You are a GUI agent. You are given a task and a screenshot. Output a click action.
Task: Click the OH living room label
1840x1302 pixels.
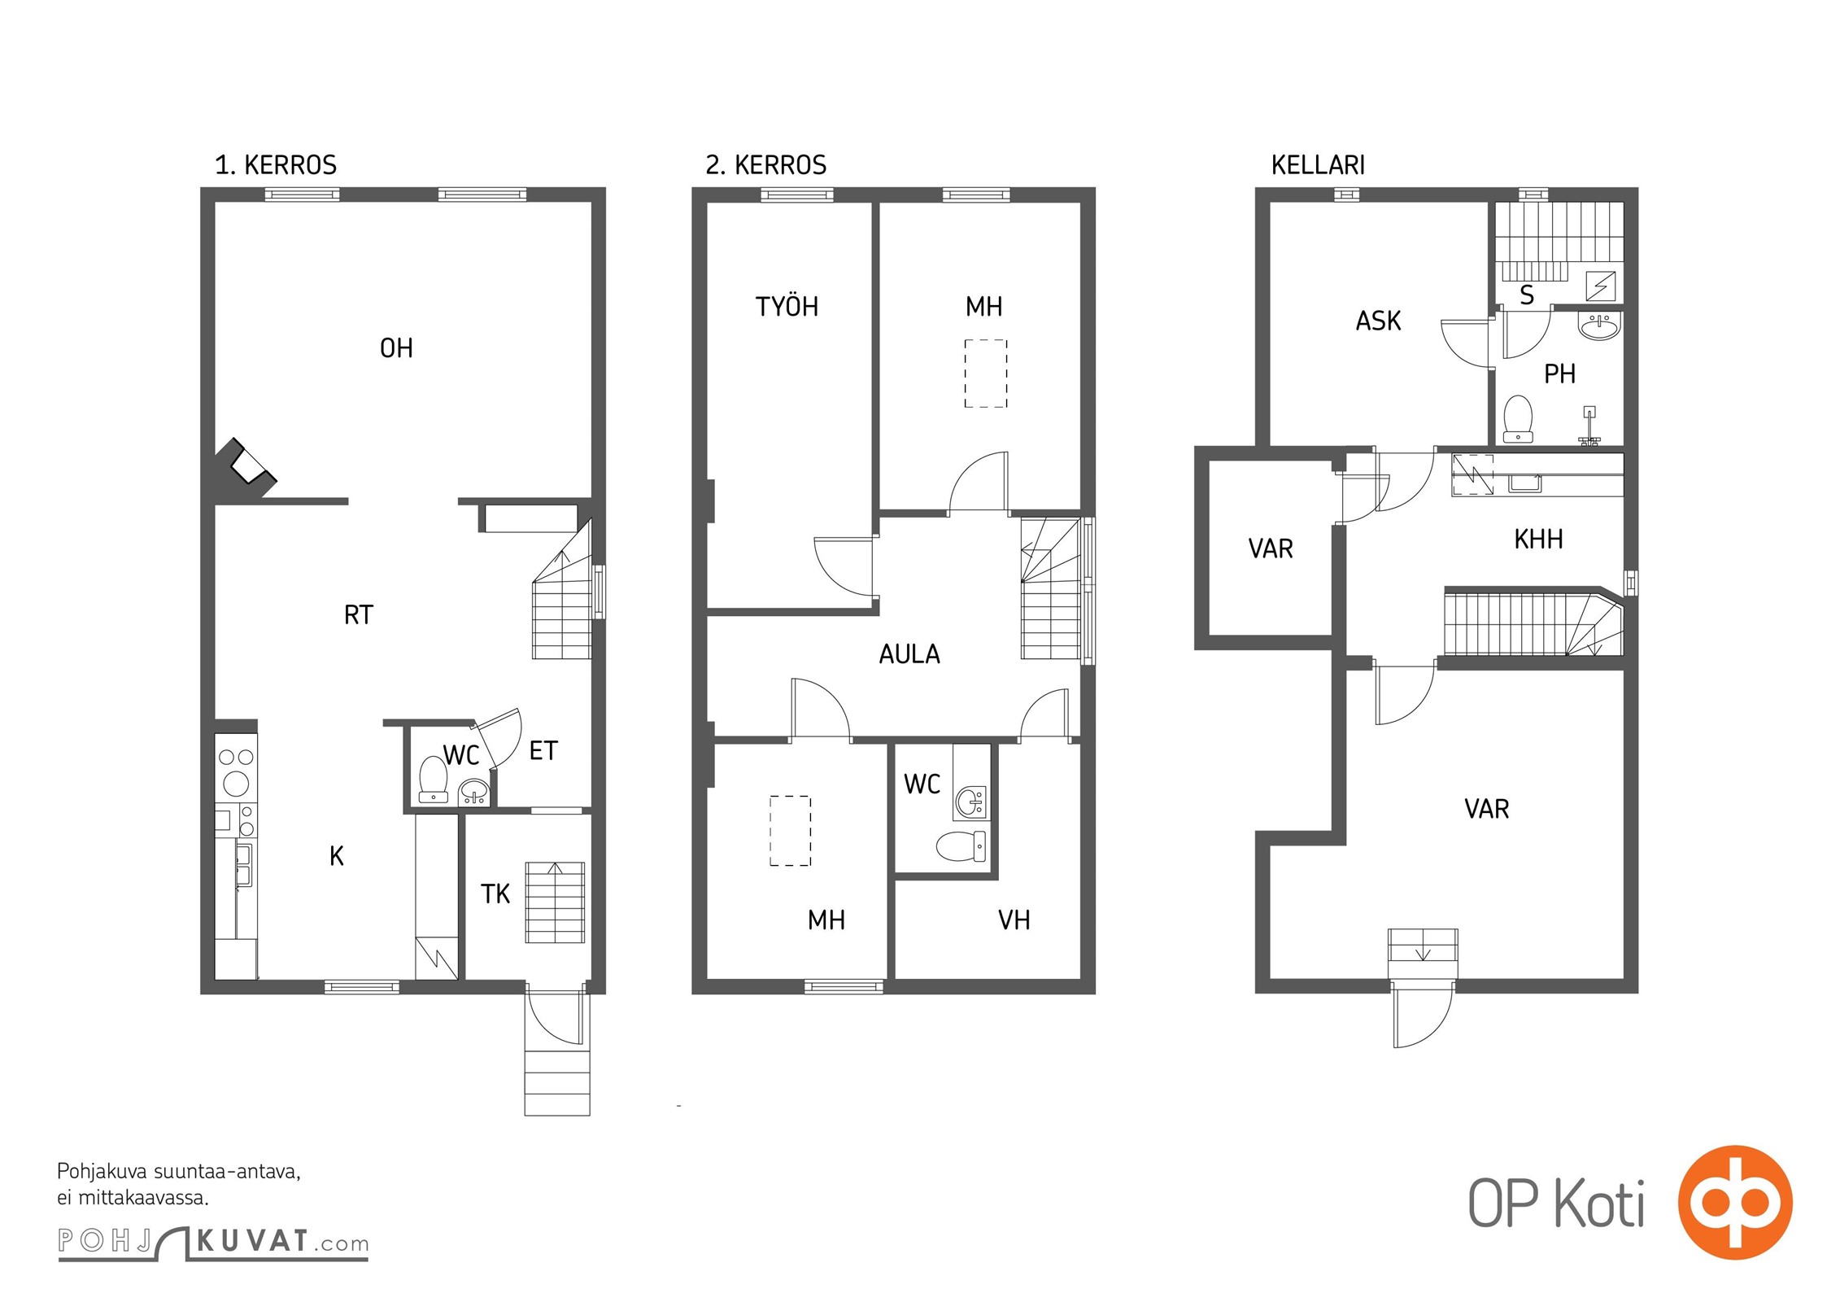pyautogui.click(x=396, y=348)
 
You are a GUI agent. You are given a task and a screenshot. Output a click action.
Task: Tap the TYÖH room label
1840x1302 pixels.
pyautogui.click(x=787, y=306)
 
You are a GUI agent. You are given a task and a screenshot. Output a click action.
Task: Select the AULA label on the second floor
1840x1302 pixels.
pyautogui.click(x=909, y=654)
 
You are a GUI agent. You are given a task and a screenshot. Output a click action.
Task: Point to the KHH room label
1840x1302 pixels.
pyautogui.click(x=1538, y=539)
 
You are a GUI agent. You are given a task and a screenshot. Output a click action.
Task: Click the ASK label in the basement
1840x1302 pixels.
pyautogui.click(x=1378, y=321)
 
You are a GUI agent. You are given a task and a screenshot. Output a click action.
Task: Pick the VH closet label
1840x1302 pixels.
pyautogui.click(x=1014, y=920)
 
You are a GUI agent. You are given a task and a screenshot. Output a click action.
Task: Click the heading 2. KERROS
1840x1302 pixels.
pyautogui.click(x=765, y=165)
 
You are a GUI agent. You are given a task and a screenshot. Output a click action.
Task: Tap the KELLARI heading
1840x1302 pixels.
pyautogui.click(x=1318, y=165)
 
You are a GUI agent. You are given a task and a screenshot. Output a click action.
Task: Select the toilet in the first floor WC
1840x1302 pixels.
pyautogui.click(x=433, y=779)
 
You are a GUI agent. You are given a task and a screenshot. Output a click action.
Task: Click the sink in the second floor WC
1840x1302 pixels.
pyautogui.click(x=971, y=802)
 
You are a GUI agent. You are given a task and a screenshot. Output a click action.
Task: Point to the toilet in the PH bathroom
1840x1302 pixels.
pyautogui.click(x=1518, y=419)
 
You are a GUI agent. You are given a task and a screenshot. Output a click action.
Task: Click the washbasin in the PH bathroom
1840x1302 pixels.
pyautogui.click(x=1599, y=327)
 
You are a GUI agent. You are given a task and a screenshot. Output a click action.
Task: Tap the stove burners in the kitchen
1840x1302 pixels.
pyautogui.click(x=237, y=771)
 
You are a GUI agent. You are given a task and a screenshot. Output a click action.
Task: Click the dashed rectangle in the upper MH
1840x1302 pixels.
pyautogui.click(x=986, y=374)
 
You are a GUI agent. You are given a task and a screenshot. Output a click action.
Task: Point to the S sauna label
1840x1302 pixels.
pyautogui.click(x=1527, y=295)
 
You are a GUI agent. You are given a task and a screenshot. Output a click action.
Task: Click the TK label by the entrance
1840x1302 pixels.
pyautogui.click(x=495, y=894)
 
